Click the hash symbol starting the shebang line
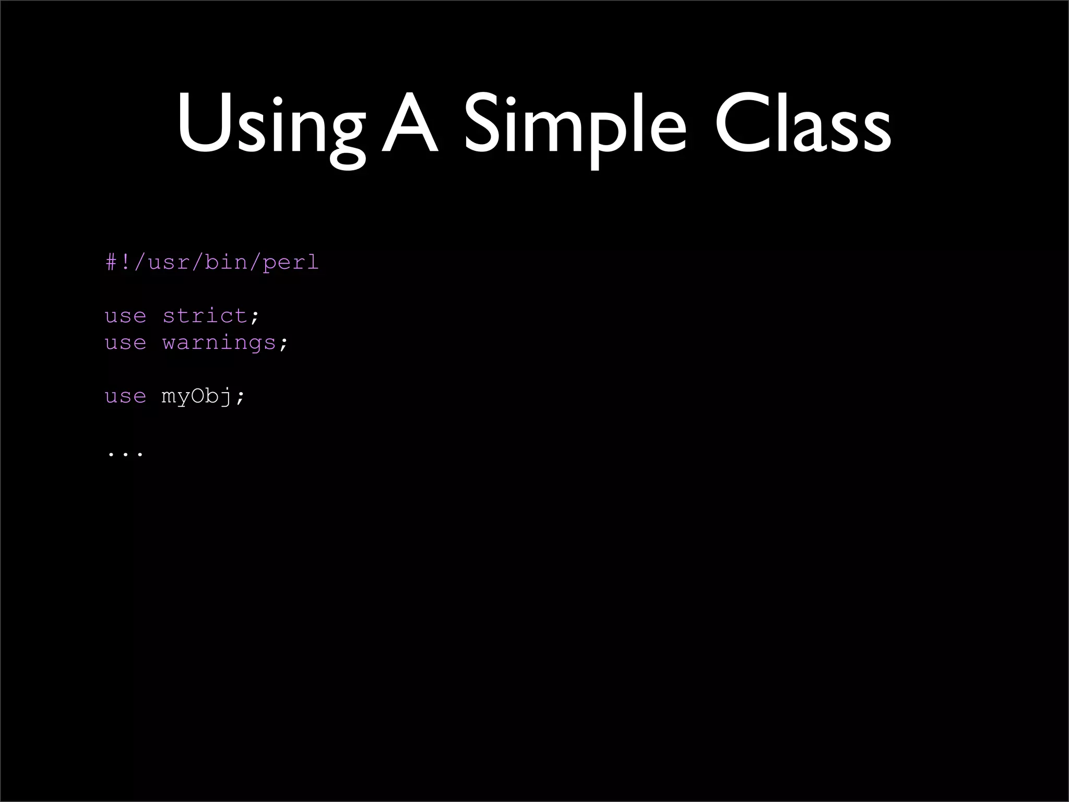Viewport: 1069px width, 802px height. pos(112,262)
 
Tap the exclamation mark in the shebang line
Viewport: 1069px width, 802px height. pos(126,262)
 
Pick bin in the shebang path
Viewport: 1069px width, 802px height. pos(226,262)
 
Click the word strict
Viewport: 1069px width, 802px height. pos(205,316)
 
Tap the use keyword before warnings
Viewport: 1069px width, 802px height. pos(125,343)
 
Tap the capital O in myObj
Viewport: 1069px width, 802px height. pos(197,396)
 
